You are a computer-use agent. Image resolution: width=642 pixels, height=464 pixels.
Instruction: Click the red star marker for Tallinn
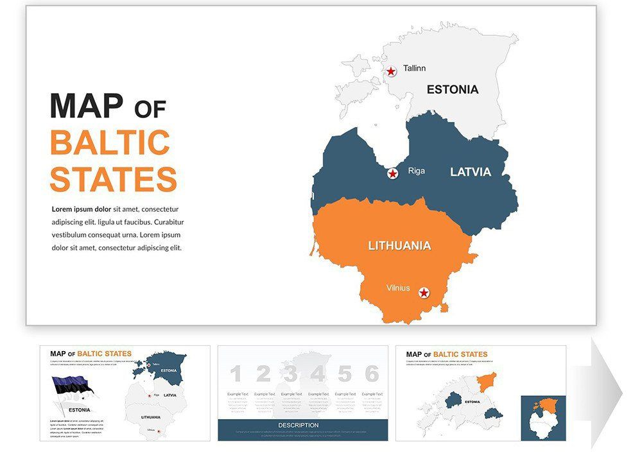coord(391,71)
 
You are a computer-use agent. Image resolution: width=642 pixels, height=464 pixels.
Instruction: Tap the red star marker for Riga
coord(392,173)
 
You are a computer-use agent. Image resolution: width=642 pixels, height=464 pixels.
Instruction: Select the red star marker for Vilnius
coord(424,293)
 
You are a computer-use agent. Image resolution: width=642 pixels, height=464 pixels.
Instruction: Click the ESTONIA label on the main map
coord(453,90)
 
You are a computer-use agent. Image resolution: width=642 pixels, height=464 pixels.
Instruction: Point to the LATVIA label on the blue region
coord(470,172)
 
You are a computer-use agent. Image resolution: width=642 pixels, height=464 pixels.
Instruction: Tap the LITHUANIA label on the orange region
coord(399,246)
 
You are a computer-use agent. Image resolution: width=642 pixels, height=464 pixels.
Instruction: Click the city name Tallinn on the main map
coord(414,68)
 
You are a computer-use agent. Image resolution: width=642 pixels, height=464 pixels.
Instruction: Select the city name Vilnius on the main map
coord(398,288)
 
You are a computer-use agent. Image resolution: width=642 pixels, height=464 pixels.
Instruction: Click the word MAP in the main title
coord(86,107)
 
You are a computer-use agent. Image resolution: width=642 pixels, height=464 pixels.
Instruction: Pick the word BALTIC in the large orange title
coord(110,143)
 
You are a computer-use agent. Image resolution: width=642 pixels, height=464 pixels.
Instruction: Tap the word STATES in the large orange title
coord(113,179)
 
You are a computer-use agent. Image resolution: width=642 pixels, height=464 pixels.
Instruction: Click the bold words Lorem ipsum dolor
coord(82,209)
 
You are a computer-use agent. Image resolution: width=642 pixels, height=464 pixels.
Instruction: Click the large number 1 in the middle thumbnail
coord(236,374)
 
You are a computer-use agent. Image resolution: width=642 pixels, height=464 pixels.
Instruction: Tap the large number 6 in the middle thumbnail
coord(372,374)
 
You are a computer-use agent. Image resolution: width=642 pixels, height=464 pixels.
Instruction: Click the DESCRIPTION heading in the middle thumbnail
coord(298,425)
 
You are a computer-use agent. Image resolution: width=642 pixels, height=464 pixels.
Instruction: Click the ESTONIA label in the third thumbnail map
coord(473,402)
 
